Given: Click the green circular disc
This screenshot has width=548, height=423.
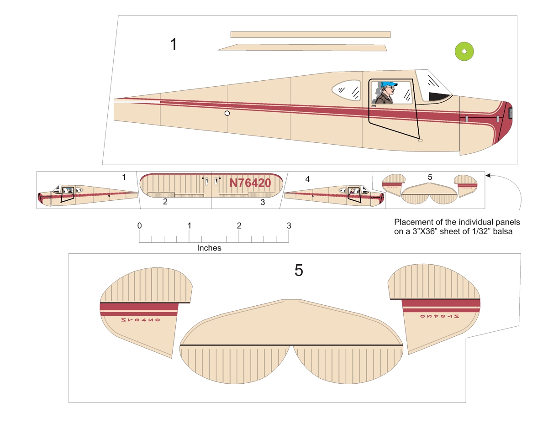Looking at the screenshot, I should pos(464,51).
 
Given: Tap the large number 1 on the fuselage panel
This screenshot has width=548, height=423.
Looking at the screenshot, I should pos(173,44).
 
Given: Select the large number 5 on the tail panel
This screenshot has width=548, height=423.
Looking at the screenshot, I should pos(299,271).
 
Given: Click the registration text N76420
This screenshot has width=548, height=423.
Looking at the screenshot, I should pos(250,183).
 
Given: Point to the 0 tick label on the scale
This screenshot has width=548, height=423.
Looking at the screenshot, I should pos(139,226).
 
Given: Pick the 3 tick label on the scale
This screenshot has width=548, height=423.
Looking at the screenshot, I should pos(288,226).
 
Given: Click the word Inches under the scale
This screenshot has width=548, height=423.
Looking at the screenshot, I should pos(209,248).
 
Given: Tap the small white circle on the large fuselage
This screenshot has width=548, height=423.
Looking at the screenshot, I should pos(227,113).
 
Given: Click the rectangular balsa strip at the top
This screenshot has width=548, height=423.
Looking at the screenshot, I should pos(311,34).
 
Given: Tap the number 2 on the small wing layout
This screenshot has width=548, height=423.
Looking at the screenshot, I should pos(165,201).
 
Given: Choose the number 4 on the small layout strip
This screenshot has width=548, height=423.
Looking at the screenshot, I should pos(307,180).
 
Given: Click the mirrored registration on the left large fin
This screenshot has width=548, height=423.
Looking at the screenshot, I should pos(141,320).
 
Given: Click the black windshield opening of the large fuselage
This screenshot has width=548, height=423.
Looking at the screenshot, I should pos(438,96).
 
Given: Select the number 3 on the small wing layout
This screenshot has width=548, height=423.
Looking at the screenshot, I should pos(263,202).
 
